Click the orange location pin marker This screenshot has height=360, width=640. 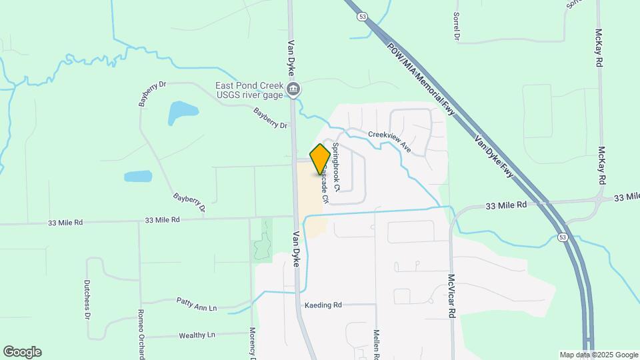pos(320,159)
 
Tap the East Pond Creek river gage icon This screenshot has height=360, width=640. pos(293,89)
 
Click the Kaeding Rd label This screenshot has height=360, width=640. pos(323,305)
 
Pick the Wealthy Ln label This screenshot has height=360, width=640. pos(197,335)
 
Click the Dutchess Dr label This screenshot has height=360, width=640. pos(87,299)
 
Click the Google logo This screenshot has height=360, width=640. pos(22,351)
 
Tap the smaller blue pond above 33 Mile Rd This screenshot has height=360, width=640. pos(138,177)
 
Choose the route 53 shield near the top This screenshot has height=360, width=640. pos(362,17)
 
